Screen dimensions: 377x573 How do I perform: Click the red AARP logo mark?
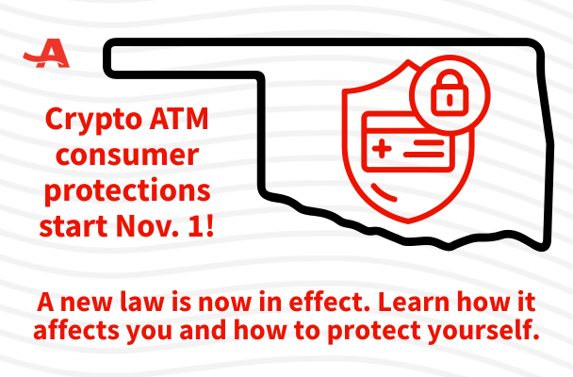[41, 55]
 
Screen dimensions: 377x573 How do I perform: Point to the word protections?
[127, 192]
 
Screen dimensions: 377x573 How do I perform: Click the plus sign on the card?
[384, 149]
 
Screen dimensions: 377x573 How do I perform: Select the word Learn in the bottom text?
[408, 304]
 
